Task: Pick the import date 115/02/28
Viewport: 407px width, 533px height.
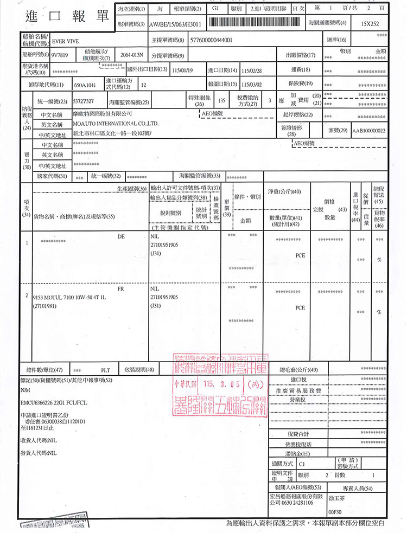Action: (x=252, y=70)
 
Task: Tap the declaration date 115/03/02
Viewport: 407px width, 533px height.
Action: (x=252, y=85)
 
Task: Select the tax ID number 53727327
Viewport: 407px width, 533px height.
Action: (x=84, y=101)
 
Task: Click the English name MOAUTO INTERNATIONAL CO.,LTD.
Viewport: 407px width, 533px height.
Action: (x=115, y=124)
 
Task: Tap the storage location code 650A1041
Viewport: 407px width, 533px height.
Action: (x=85, y=85)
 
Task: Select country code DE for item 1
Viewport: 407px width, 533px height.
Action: (x=121, y=237)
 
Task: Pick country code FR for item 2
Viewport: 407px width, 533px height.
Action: (x=120, y=289)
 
